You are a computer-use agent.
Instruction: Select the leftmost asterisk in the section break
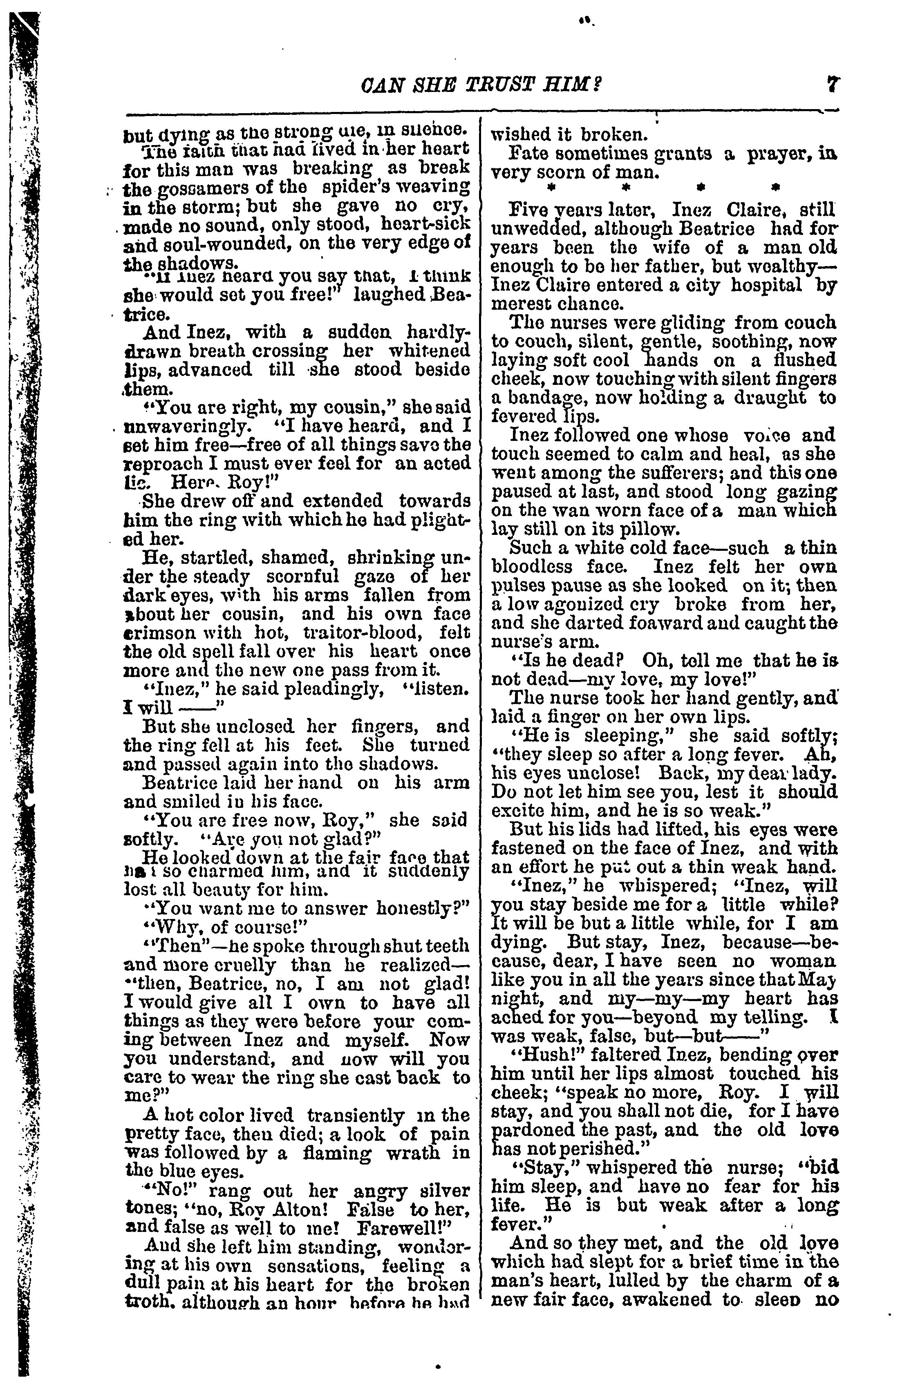tap(548, 188)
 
